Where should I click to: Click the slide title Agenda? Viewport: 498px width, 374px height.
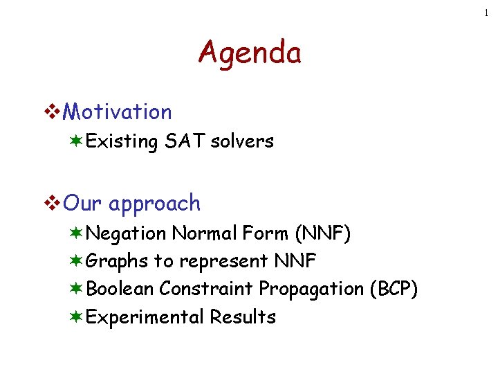249,53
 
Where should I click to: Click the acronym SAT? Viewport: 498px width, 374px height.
185,141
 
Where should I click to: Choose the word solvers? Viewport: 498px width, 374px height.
242,141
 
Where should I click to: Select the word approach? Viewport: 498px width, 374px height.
154,204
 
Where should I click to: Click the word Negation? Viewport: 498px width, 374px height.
127,233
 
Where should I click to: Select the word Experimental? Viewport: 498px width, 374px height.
146,317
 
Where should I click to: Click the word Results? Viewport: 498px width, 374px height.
243,317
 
